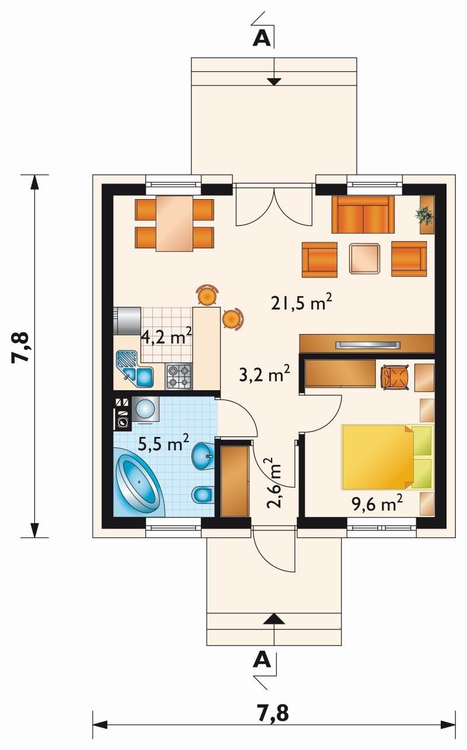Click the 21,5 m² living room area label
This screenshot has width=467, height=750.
pos(301,303)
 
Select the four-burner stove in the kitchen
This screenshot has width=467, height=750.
pos(179,376)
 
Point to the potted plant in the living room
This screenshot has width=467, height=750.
pos(425,214)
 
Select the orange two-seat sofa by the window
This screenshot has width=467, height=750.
pos(363,214)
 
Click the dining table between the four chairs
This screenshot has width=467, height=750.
pos(175,223)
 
